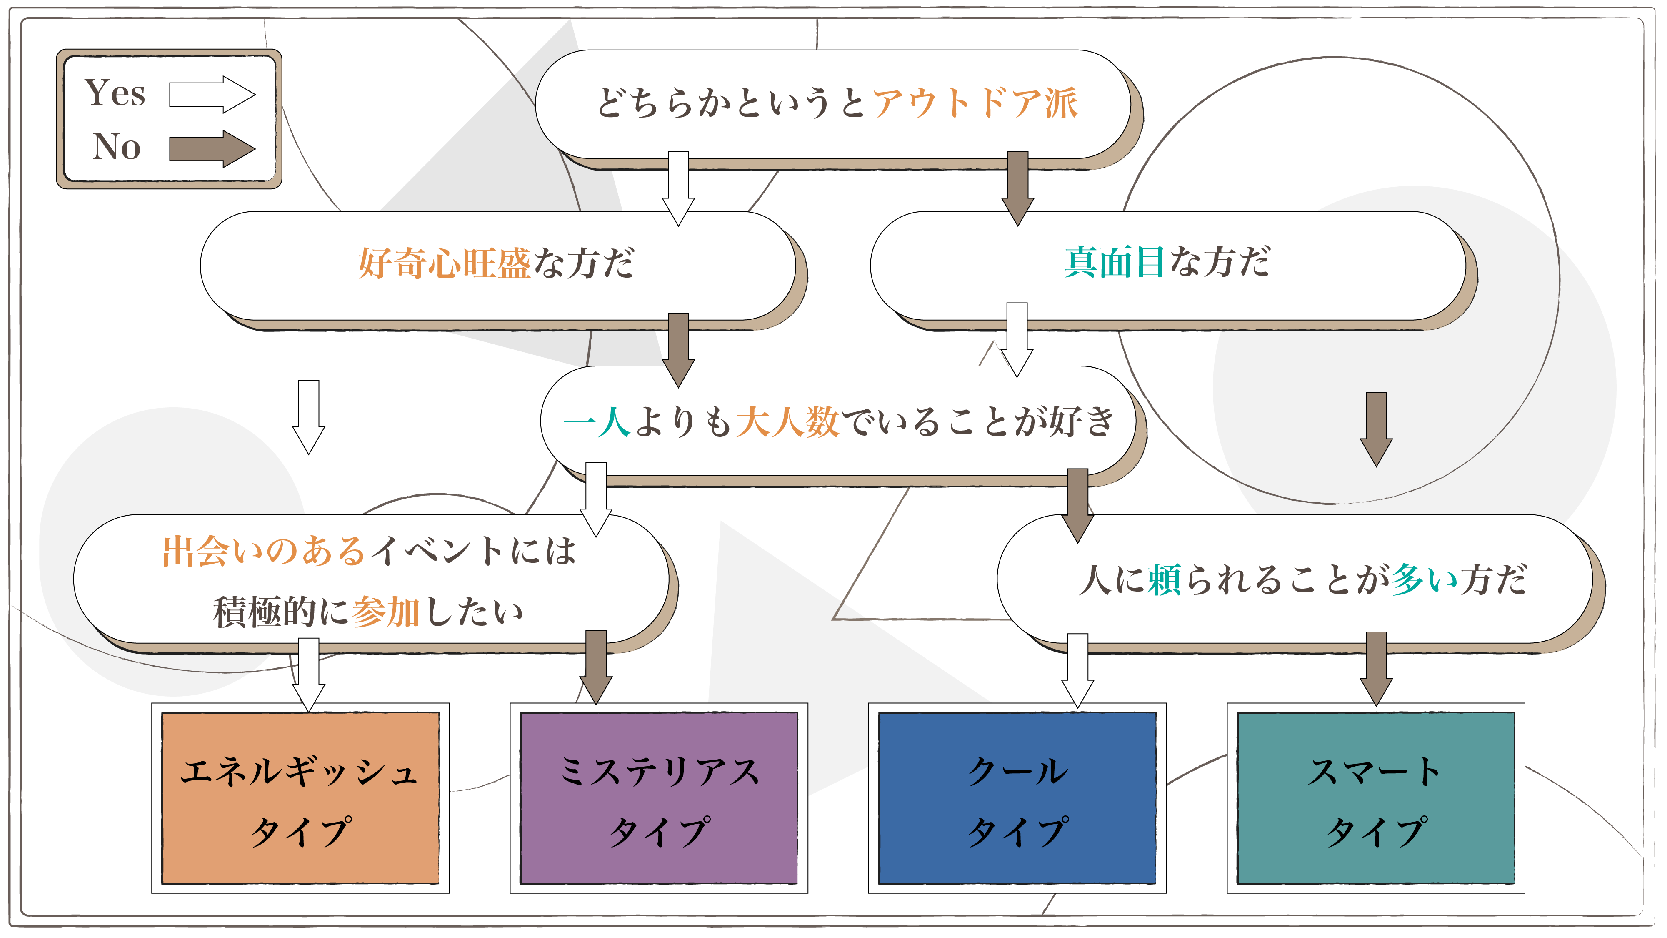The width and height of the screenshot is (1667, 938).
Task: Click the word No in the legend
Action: point(117,146)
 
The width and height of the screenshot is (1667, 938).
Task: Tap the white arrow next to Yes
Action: point(212,95)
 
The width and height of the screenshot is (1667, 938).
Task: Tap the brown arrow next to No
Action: point(212,148)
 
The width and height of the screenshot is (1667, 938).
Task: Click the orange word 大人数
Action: point(787,422)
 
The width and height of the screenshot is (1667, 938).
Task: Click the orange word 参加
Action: point(386,612)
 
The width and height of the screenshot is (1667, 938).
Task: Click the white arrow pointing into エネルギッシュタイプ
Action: point(309,673)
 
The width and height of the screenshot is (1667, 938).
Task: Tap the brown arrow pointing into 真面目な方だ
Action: point(1017,188)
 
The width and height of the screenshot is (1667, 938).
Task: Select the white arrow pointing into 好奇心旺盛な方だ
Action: point(678,188)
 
